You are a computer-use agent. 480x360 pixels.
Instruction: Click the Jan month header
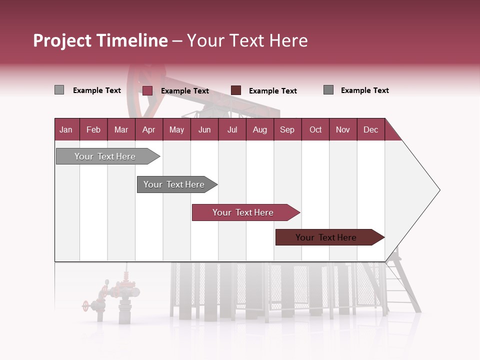66,129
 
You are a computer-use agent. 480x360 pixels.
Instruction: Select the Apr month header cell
148,129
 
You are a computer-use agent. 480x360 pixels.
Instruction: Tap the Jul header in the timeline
232,129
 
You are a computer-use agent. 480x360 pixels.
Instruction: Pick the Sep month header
287,129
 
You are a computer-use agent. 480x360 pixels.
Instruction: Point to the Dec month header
370,129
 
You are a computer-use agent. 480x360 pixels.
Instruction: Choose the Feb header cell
93,129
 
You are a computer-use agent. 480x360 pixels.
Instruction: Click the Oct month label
315,129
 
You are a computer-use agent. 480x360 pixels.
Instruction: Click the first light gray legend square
59,90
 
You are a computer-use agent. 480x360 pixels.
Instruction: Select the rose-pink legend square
147,90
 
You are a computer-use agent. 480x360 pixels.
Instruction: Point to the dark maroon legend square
236,90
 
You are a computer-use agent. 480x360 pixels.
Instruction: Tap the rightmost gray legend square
328,90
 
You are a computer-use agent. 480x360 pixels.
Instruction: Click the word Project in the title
62,40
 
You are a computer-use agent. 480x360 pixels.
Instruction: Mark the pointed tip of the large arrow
439,190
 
